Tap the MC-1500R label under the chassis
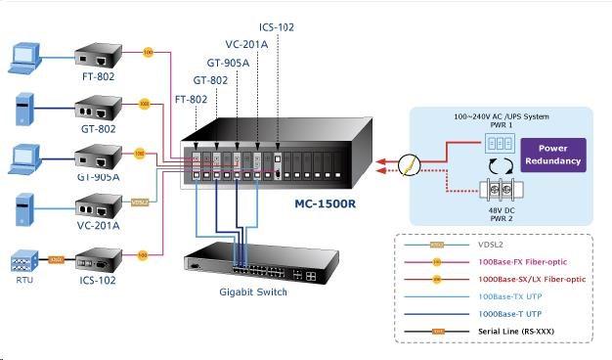[327, 205]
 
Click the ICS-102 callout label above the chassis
[277, 27]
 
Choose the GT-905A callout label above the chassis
[230, 62]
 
